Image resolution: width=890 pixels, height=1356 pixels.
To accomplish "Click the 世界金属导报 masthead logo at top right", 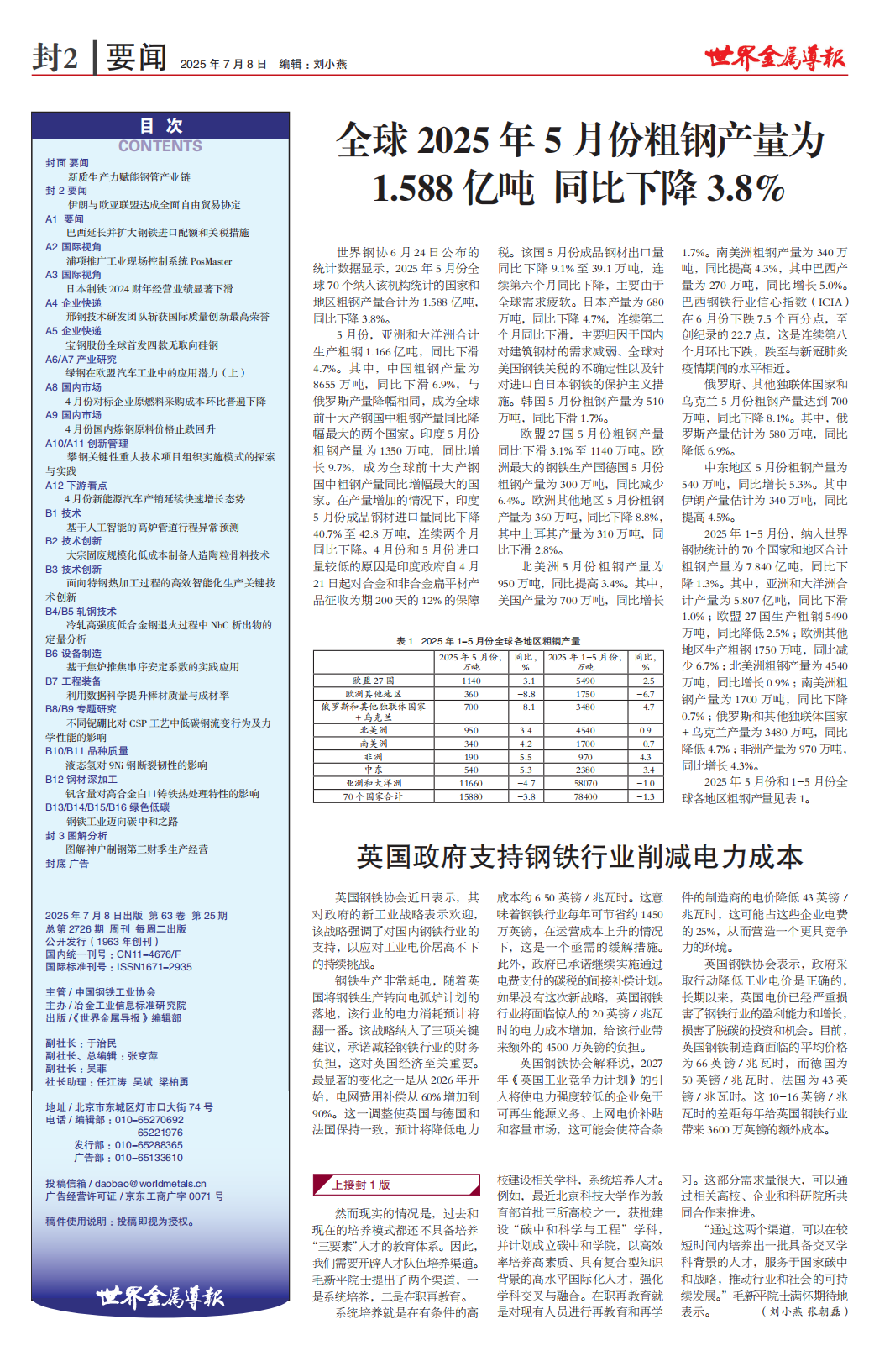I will coord(774,57).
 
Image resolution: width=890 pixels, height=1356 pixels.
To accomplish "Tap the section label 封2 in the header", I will coord(55,57).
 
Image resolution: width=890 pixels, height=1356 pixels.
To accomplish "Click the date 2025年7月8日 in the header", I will coord(223,64).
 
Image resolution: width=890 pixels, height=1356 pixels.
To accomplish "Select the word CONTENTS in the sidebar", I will coord(160,146).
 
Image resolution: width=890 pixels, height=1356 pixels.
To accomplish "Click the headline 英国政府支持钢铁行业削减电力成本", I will coord(579,856).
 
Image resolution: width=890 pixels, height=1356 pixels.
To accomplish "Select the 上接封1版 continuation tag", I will coord(361,1185).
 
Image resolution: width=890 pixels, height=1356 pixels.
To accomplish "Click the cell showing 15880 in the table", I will coord(471,796).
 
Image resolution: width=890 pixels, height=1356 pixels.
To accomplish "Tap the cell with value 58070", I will coord(585,783).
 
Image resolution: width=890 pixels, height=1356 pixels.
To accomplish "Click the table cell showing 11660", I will coord(471,783).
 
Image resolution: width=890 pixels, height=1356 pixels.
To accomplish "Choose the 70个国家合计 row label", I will coord(374,796).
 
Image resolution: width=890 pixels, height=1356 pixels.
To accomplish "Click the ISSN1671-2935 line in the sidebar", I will coord(118,967).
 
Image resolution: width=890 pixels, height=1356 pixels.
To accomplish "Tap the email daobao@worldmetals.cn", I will coord(125,1183).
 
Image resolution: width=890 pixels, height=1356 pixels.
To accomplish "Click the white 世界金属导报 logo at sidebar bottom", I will coord(160,1296).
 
